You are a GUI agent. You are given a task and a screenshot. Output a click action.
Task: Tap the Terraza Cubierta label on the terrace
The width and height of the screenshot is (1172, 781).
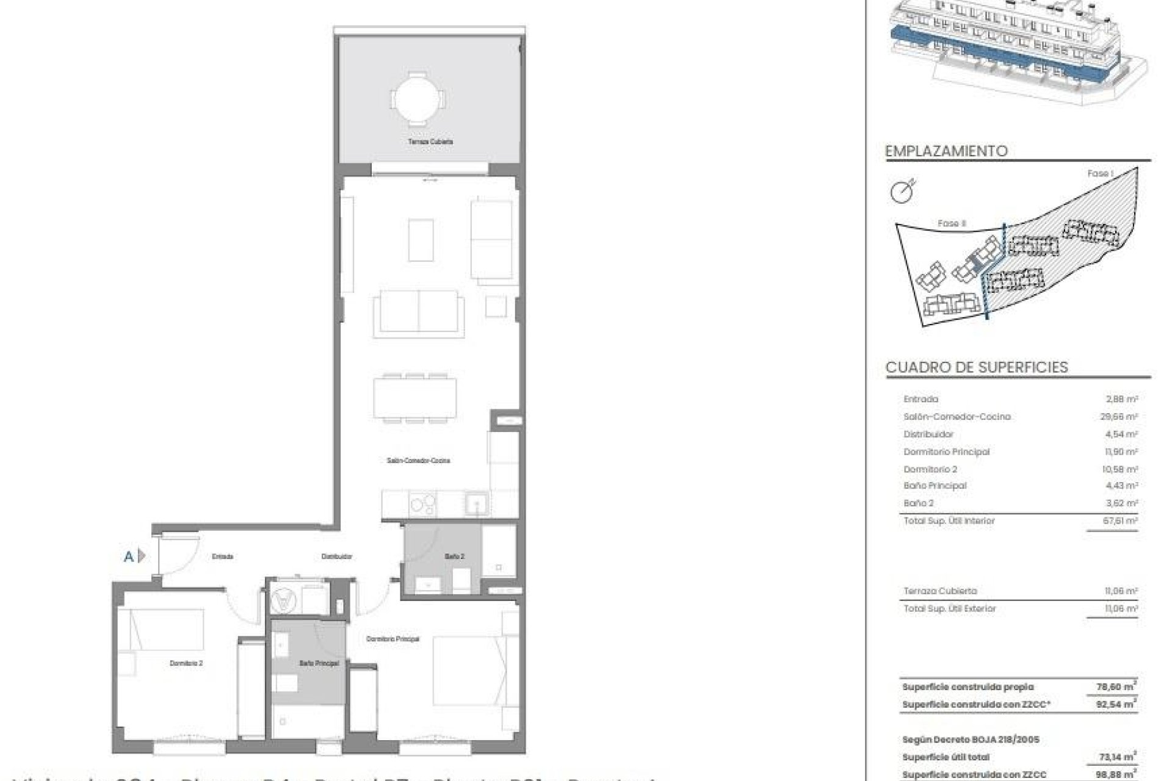[430, 142]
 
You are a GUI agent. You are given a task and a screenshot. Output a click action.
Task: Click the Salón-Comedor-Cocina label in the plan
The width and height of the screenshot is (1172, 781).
[418, 461]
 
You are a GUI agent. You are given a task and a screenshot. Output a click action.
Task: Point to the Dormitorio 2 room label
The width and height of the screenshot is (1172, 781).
[186, 663]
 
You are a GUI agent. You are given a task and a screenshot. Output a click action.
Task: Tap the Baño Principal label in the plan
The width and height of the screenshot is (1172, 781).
[319, 663]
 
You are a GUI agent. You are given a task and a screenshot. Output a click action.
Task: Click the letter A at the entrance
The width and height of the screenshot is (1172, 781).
[129, 556]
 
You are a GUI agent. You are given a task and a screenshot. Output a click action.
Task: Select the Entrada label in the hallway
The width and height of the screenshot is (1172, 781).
[222, 556]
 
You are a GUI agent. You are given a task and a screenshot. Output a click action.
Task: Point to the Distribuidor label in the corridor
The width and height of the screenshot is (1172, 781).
[337, 556]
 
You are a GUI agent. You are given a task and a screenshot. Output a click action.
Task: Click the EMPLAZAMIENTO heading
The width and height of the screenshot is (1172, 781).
[946, 151]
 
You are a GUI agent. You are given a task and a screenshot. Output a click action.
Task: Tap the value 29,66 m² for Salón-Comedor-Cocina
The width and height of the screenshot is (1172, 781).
[1123, 417]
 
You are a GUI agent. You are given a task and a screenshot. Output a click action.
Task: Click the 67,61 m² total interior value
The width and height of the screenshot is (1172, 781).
[1123, 521]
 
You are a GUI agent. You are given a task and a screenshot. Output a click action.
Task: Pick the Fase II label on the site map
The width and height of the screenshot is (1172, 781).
[952, 224]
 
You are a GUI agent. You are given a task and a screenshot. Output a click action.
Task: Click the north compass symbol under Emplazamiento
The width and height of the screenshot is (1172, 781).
[903, 192]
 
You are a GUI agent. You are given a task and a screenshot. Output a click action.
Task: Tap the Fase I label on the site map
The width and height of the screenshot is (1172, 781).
[1100, 174]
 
